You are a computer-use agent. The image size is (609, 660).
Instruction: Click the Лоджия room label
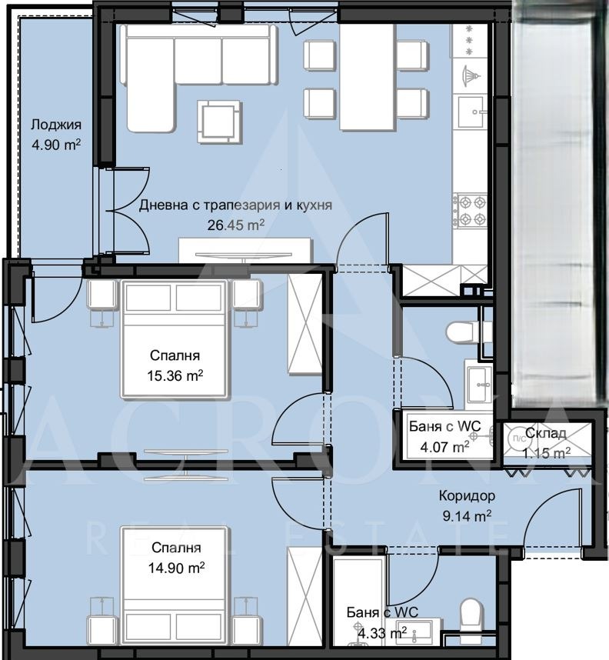(55, 125)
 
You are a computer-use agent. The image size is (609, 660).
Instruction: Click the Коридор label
(467, 496)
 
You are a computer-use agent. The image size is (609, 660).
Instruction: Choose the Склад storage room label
(547, 435)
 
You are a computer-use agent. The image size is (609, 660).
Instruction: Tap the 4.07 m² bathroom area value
(444, 446)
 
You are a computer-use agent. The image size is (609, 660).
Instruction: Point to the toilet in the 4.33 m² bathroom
(469, 615)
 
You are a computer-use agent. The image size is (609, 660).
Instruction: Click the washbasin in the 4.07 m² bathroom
(479, 378)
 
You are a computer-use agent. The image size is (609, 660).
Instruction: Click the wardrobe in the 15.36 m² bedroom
(304, 324)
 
